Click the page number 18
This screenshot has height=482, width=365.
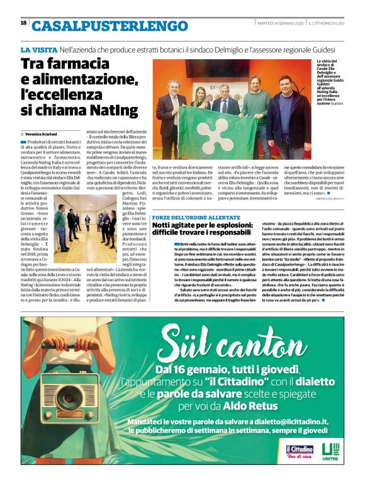click(x=23, y=23)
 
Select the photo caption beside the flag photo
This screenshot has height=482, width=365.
click(x=330, y=82)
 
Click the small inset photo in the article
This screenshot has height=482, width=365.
click(x=84, y=223)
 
